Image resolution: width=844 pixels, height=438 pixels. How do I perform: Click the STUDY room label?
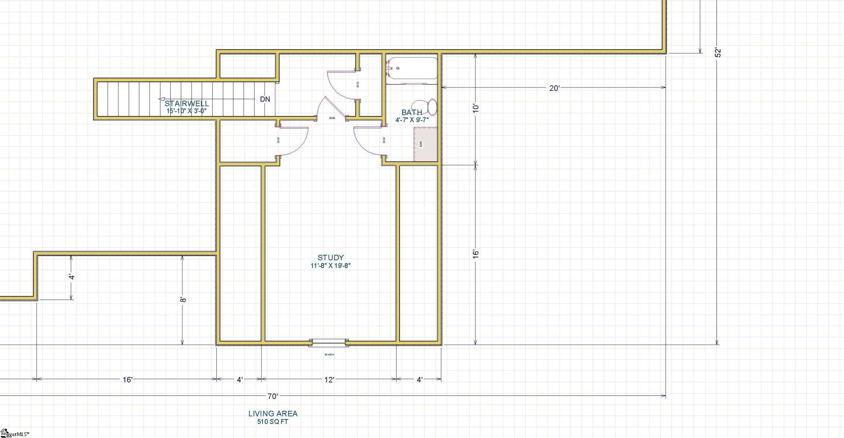pyautogui.click(x=331, y=257)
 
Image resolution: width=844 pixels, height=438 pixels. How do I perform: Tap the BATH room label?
pyautogui.click(x=412, y=112)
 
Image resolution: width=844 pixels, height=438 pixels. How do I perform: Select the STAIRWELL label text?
pyautogui.click(x=187, y=104)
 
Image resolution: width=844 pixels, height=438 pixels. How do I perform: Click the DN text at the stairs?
pyautogui.click(x=265, y=99)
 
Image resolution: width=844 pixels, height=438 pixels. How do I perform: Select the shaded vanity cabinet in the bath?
pyautogui.click(x=426, y=145)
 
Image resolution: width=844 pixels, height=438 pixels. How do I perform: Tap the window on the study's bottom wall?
pyautogui.click(x=329, y=343)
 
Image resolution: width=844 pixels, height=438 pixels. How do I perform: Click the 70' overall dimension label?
pyautogui.click(x=273, y=396)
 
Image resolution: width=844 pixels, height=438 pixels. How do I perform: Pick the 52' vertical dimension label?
pyautogui.click(x=718, y=52)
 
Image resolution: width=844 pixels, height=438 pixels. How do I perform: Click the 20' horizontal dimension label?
pyautogui.click(x=554, y=88)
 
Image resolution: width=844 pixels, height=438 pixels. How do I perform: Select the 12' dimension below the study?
pyautogui.click(x=329, y=380)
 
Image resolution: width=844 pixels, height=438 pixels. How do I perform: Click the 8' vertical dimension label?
pyautogui.click(x=183, y=299)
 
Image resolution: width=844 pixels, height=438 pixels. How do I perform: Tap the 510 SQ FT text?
pyautogui.click(x=273, y=422)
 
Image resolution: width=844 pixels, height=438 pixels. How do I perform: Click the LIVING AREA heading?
pyautogui.click(x=273, y=413)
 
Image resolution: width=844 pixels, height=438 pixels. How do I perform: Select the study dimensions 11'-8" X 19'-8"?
pyautogui.click(x=331, y=266)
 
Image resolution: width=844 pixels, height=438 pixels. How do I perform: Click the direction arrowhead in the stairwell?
pyautogui.click(x=162, y=100)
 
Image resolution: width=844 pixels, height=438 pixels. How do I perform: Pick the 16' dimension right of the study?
pyautogui.click(x=476, y=254)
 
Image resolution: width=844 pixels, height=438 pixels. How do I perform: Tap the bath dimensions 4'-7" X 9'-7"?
pyautogui.click(x=412, y=119)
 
